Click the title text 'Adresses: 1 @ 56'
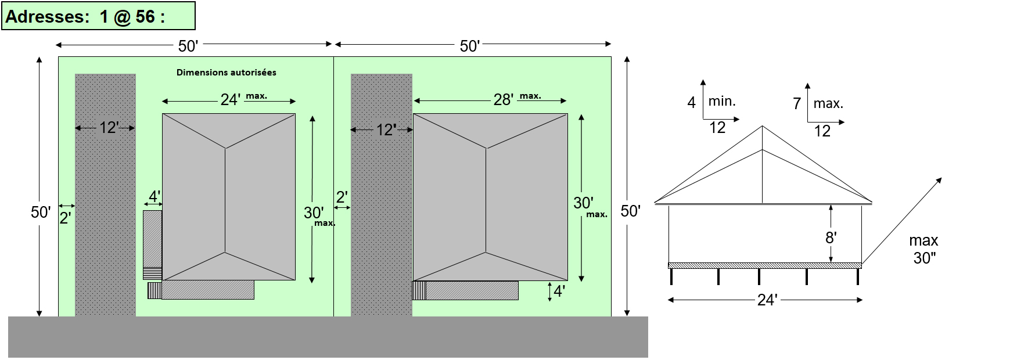85,16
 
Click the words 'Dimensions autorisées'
226,73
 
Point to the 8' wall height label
831,237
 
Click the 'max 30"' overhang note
923,249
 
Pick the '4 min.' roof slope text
711,102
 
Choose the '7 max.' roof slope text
818,103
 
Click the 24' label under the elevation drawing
767,300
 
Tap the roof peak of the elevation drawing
762,127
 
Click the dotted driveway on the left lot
105,232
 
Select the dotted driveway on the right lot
381,232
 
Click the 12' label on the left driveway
109,128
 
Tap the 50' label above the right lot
469,46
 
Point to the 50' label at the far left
40,212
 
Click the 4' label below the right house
559,291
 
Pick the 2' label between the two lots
342,197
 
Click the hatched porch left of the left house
152,244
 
